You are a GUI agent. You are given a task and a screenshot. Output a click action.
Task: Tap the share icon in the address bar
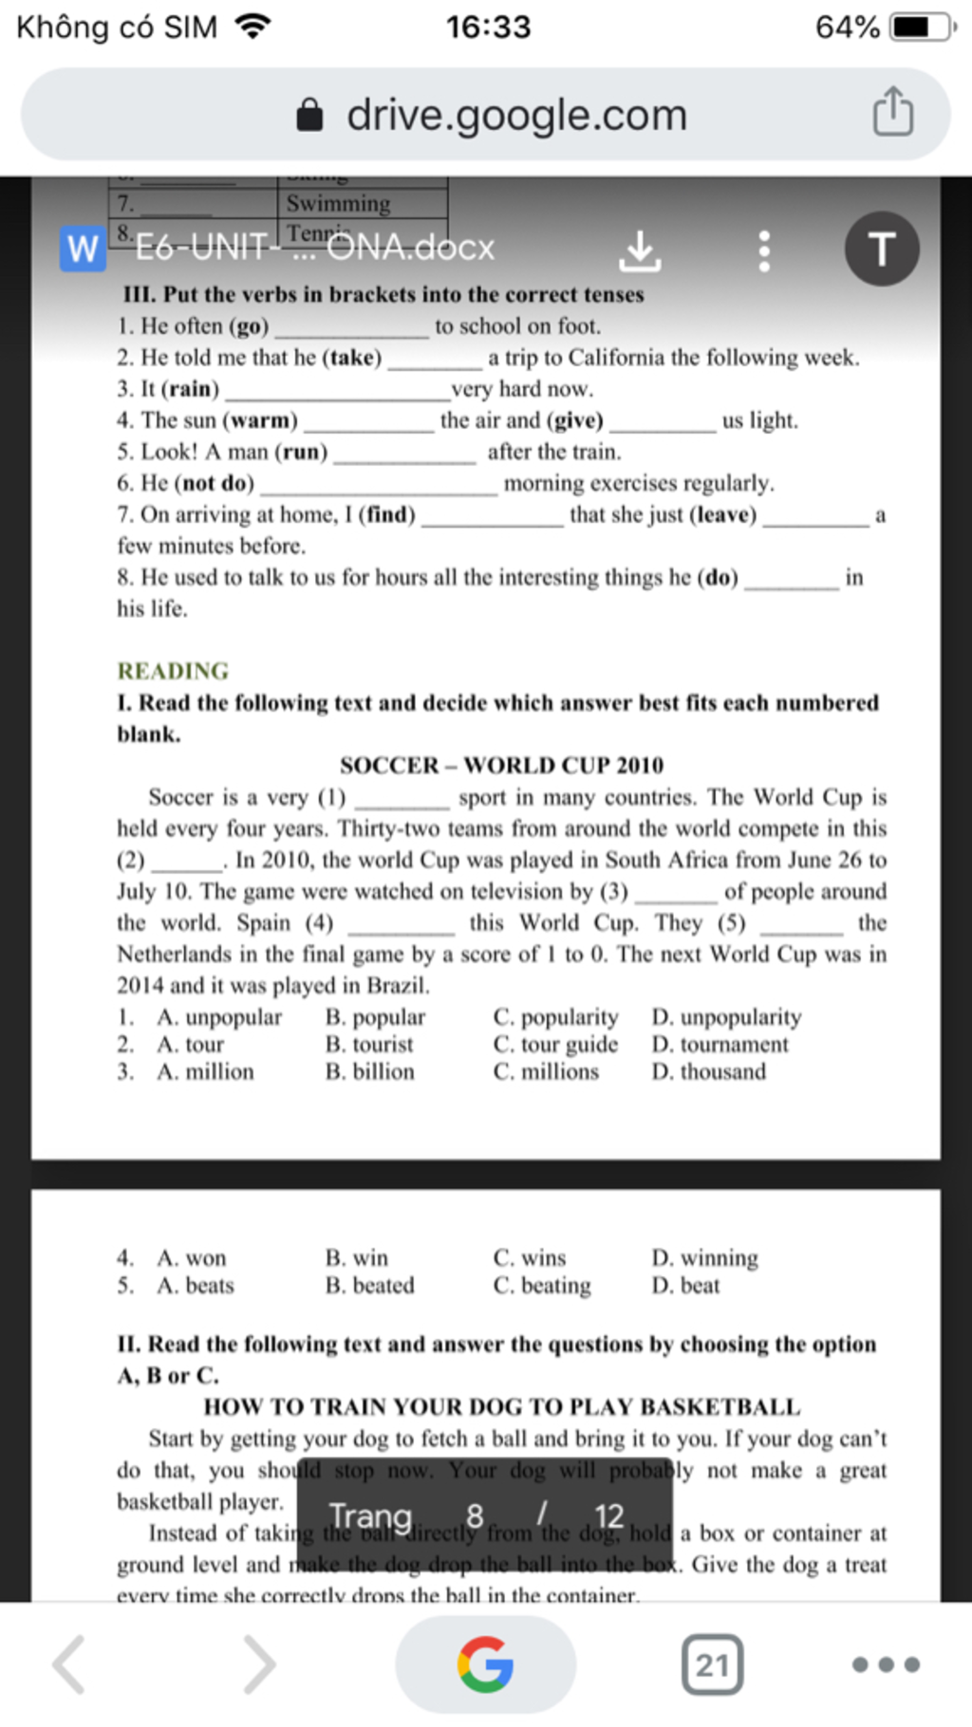click(892, 112)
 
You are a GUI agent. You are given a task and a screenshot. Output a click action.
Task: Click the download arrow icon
click(640, 251)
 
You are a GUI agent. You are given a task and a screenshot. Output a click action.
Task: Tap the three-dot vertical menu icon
click(764, 251)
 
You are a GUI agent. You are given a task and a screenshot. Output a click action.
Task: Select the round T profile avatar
click(881, 249)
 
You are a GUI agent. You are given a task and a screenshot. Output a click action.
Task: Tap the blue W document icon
click(83, 249)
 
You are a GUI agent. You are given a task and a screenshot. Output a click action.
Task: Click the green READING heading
click(173, 671)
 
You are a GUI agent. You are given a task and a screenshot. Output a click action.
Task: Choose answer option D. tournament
click(720, 1045)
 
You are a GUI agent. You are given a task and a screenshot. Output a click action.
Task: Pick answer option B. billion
click(369, 1072)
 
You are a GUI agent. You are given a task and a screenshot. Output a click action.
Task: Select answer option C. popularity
click(555, 1017)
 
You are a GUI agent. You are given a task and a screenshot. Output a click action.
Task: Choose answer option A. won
click(192, 1258)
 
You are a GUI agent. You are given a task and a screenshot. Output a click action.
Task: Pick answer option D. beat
click(685, 1286)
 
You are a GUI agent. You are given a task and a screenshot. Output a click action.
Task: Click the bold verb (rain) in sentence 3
click(190, 389)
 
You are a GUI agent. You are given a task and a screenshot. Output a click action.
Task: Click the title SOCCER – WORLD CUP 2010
click(501, 766)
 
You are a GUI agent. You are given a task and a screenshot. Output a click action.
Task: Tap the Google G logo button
click(485, 1664)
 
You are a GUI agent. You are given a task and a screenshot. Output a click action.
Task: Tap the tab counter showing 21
click(712, 1664)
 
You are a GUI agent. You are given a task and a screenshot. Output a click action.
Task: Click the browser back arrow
click(69, 1664)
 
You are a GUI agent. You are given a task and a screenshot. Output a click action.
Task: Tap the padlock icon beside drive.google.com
click(309, 116)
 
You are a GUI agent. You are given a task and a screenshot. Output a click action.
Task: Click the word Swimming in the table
click(338, 203)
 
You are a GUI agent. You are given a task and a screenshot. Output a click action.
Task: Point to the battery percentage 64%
click(847, 27)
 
